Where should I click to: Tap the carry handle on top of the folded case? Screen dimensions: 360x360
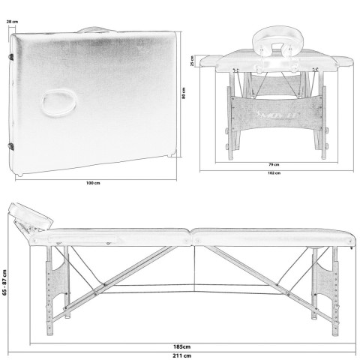(x=97, y=28)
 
